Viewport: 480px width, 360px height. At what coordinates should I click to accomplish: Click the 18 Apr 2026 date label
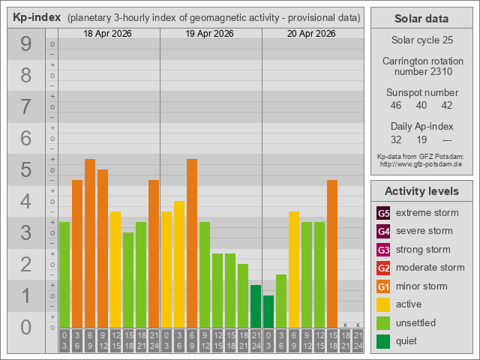pos(109,34)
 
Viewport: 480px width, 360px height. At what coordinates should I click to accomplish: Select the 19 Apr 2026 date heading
pos(211,34)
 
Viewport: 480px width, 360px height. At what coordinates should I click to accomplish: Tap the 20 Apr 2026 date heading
pos(313,34)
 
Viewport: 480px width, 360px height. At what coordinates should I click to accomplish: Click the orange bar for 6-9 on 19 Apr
pos(192,243)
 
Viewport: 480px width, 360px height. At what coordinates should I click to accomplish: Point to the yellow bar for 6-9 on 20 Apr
pos(294,269)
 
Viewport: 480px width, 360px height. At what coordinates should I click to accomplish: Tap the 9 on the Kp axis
pos(26,45)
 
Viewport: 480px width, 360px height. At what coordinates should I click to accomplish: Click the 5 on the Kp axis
pos(26,170)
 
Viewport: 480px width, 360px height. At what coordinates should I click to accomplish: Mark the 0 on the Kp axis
pos(26,327)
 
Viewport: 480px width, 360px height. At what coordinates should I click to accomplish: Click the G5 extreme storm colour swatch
pos(383,213)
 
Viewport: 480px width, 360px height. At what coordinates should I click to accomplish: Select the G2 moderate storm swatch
pos(383,268)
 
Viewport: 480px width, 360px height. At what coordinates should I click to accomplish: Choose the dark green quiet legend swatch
pos(383,341)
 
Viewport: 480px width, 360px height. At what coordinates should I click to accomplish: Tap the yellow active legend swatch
pos(383,304)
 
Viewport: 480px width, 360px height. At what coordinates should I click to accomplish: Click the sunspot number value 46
pos(396,106)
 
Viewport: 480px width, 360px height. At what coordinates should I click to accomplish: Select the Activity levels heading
pos(421,191)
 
